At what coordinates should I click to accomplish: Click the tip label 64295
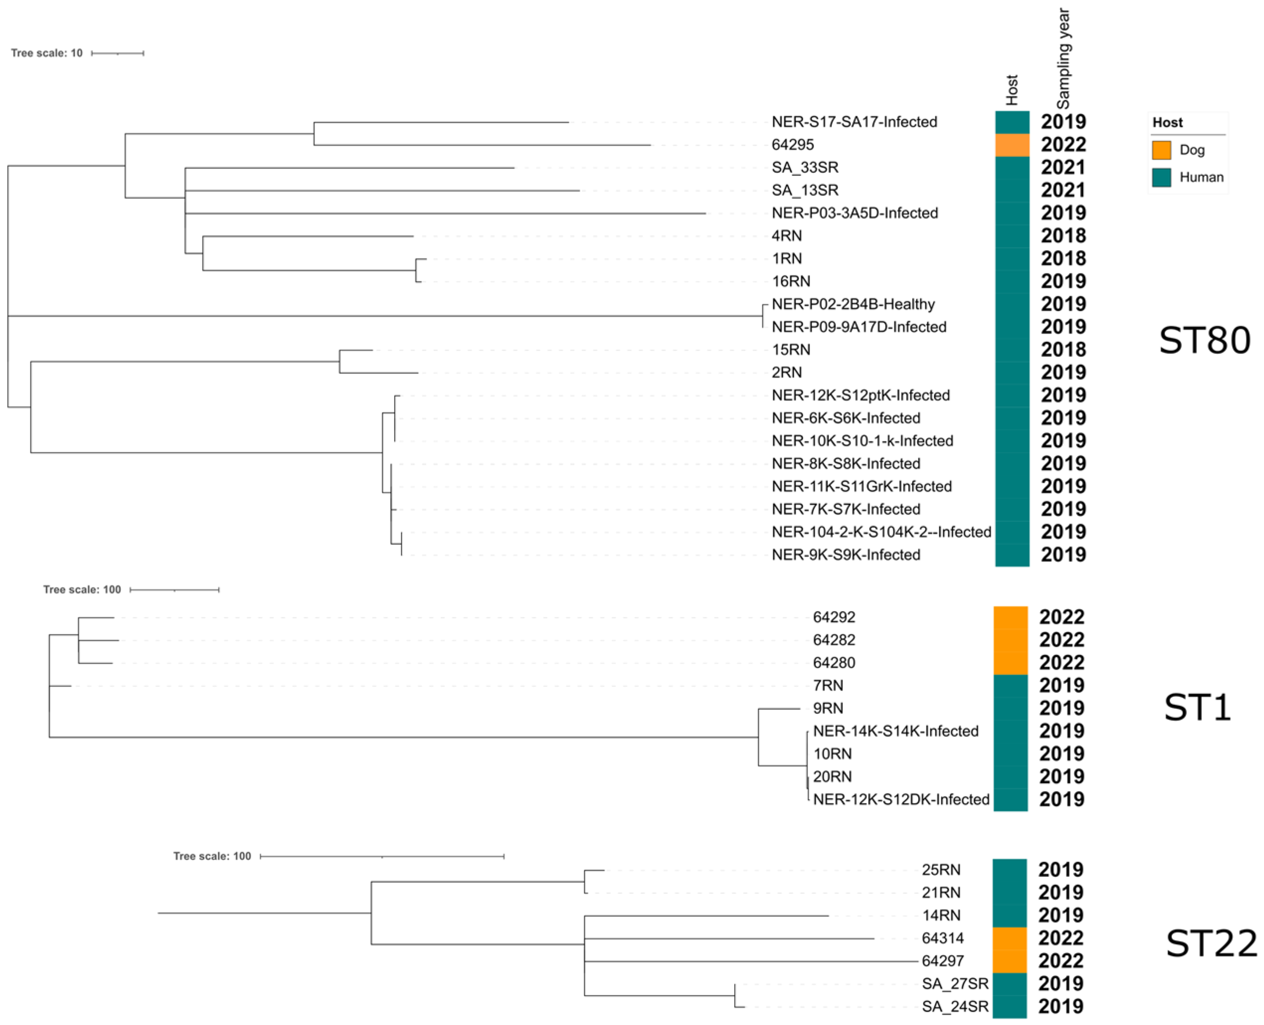(792, 145)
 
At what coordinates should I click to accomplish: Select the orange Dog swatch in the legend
(1161, 150)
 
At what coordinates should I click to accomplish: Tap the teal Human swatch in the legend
(1161, 177)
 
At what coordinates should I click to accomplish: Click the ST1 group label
(1197, 708)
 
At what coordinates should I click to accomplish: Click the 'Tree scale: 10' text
(47, 53)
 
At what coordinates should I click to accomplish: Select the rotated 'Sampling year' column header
(1063, 58)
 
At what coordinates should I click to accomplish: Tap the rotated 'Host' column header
(1012, 90)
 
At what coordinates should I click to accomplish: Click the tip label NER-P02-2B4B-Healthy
(853, 304)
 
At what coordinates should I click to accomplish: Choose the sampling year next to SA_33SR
(1063, 168)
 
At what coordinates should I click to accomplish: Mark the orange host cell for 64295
(1012, 145)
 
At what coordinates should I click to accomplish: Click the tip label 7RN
(828, 685)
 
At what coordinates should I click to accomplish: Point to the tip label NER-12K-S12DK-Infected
(901, 799)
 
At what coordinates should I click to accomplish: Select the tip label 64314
(942, 938)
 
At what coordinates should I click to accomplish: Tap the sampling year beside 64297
(1061, 961)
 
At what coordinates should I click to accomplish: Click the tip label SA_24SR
(955, 1007)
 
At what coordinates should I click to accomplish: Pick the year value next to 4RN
(1063, 236)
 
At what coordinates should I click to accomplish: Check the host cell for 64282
(1010, 640)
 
